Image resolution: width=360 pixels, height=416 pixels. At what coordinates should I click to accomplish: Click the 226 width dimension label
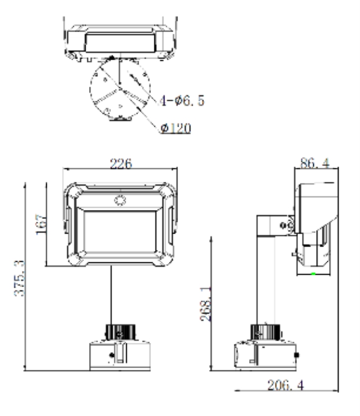point(121,163)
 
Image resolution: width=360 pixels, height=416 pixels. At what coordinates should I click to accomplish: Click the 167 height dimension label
point(41,225)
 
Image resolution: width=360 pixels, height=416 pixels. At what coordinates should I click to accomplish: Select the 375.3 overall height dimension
point(19,278)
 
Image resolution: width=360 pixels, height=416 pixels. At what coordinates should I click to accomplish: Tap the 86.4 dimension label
point(314,163)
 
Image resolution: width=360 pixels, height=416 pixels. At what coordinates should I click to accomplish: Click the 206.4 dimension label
point(286,385)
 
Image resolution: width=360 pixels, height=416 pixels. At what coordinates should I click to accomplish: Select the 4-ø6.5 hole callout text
point(182,101)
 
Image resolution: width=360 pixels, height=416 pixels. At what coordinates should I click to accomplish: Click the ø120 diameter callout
point(175,128)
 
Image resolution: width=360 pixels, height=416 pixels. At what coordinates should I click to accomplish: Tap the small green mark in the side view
point(313,274)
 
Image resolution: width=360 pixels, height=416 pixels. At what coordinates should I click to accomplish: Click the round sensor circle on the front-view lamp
point(120,200)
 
